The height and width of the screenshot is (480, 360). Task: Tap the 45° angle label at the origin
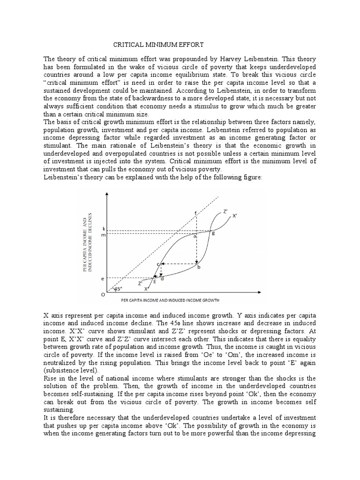[x=117, y=289]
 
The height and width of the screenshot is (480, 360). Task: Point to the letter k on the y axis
[x=104, y=229]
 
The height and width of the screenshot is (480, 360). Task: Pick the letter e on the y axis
[x=103, y=279]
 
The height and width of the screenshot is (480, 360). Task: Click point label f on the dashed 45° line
[x=195, y=213]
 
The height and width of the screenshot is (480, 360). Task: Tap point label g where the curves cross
[x=213, y=233]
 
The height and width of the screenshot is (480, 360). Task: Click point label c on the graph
[x=158, y=264]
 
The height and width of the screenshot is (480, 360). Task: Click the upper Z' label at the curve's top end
[x=226, y=211]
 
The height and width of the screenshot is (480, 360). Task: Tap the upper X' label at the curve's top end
[x=234, y=216]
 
